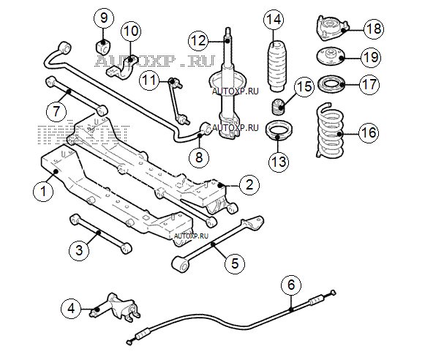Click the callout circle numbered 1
click(44, 192)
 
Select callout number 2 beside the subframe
click(249, 185)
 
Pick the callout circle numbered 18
click(373, 29)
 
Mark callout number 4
click(70, 308)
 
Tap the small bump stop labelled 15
click(279, 107)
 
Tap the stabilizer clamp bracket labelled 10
click(124, 64)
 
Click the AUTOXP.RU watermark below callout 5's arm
click(192, 236)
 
